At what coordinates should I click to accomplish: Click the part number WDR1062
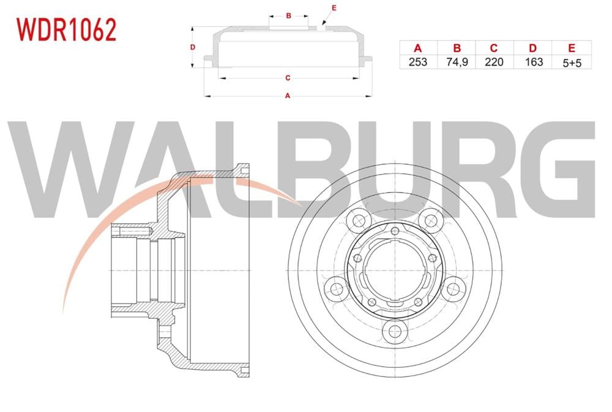click(x=66, y=29)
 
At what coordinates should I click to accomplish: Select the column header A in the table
click(x=419, y=48)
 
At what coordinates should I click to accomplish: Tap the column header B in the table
click(x=457, y=48)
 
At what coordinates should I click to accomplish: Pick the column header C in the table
click(x=494, y=48)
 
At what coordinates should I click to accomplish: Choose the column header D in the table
click(x=533, y=48)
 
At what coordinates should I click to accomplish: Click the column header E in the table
click(x=572, y=48)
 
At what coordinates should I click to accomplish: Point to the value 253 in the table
click(x=419, y=62)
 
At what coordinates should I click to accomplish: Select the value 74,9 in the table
click(x=457, y=62)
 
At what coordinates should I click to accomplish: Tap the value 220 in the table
click(x=494, y=62)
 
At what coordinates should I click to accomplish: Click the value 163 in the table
click(x=533, y=62)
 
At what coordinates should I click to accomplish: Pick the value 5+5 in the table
click(x=572, y=62)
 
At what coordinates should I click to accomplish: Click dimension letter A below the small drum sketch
click(x=287, y=96)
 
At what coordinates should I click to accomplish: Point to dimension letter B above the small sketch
click(x=288, y=15)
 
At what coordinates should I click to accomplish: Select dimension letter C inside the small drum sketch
click(x=287, y=78)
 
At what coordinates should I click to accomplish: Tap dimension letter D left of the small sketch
click(x=192, y=47)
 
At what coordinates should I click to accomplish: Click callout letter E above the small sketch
click(x=334, y=7)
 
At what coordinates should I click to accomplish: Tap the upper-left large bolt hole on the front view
click(x=357, y=219)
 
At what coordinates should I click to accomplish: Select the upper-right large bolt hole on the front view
click(x=433, y=219)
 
